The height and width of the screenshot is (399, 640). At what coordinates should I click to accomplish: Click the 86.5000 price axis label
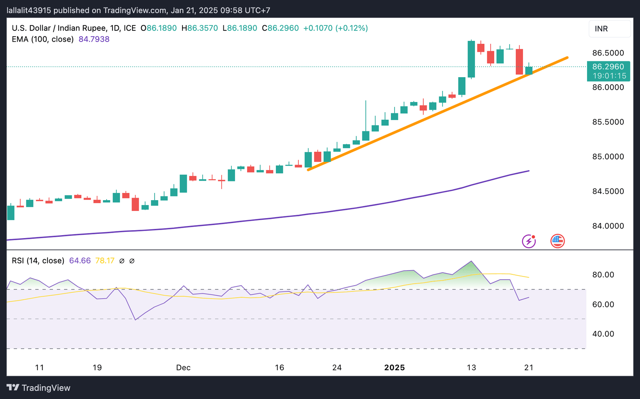click(608, 53)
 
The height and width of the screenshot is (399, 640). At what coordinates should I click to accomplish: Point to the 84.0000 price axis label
click(608, 226)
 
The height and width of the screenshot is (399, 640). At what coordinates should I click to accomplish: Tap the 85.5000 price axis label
click(608, 122)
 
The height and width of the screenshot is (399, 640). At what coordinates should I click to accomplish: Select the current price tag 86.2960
click(608, 67)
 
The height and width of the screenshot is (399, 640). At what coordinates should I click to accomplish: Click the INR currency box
click(609, 29)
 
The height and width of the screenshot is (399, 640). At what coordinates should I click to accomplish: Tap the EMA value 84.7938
click(94, 39)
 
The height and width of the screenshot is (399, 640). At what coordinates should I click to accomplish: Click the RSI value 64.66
click(80, 261)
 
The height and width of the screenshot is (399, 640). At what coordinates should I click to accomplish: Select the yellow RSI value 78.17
click(105, 261)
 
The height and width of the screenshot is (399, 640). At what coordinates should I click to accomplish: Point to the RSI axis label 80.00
click(603, 275)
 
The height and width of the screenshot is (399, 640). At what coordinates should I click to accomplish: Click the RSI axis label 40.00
click(603, 334)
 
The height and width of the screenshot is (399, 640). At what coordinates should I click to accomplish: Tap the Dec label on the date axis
click(183, 368)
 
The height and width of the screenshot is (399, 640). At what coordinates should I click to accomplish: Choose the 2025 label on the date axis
click(394, 368)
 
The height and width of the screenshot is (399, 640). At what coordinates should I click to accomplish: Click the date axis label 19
click(97, 368)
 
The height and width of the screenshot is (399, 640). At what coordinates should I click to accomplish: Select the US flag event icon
click(557, 241)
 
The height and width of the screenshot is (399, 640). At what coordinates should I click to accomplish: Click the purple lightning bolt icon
click(529, 241)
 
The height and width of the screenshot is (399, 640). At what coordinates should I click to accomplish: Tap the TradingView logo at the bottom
click(39, 388)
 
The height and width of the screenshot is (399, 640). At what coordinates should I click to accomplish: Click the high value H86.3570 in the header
click(200, 28)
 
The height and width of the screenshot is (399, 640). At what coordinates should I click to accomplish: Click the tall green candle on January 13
click(471, 59)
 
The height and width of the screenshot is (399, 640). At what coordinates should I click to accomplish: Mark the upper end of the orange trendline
click(567, 58)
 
